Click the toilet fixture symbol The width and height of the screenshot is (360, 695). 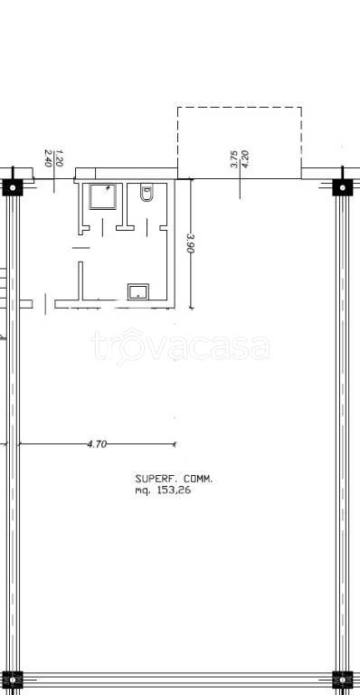click(147, 194)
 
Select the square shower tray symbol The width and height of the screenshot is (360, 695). click(103, 195)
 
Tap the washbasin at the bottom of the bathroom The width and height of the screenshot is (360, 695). click(138, 292)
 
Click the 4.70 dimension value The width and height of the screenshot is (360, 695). click(98, 444)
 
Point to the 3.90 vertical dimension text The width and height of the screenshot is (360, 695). click(191, 243)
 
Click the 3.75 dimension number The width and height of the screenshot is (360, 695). click(234, 159)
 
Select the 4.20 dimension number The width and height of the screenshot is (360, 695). click(245, 159)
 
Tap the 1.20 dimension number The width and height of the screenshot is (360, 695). click(60, 157)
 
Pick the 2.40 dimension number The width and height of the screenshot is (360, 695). click(48, 157)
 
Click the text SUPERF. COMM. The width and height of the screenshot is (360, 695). click(174, 479)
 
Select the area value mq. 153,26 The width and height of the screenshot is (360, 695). click(163, 490)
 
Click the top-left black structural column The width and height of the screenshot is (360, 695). click(13, 187)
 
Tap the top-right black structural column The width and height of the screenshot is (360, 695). click(343, 187)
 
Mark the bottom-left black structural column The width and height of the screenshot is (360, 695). click(13, 680)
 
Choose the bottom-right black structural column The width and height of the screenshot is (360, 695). click(343, 680)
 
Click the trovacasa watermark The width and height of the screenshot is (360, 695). click(181, 347)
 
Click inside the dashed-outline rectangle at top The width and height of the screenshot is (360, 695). click(240, 143)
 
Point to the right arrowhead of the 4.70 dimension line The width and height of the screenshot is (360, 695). click(175, 443)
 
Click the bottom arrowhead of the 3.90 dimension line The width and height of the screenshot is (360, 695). click(191, 307)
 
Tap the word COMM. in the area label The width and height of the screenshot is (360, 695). click(198, 479)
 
